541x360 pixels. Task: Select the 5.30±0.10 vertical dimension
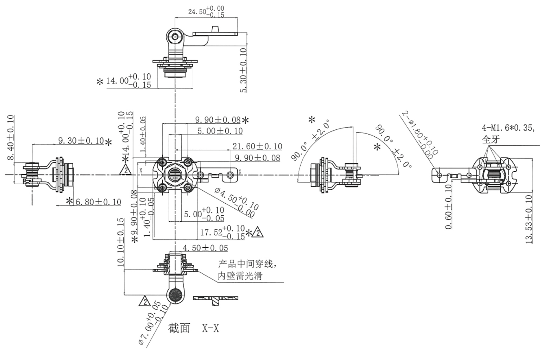pyautogui.click(x=244, y=70)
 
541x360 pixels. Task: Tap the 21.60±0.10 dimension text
pyautogui.click(x=257, y=146)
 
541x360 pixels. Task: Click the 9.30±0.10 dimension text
pyautogui.click(x=81, y=141)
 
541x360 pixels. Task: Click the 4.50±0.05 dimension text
pyautogui.click(x=205, y=248)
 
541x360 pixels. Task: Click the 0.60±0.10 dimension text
pyautogui.click(x=449, y=207)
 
